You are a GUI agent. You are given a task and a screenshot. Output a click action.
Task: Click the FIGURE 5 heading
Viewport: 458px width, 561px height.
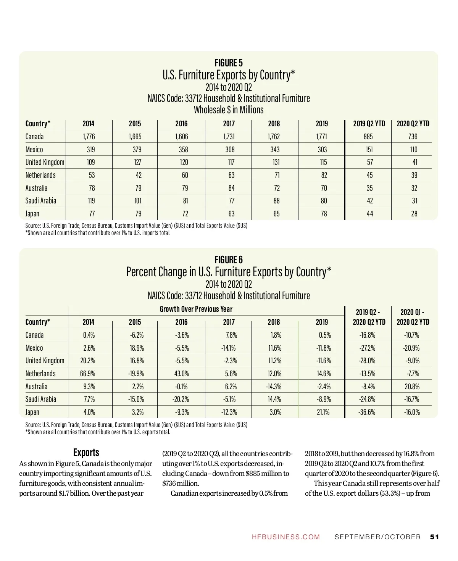(229, 63)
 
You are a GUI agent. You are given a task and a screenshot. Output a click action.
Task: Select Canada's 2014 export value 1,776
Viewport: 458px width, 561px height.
(89, 137)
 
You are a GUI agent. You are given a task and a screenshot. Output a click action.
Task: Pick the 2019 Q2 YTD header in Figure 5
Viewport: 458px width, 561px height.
(369, 124)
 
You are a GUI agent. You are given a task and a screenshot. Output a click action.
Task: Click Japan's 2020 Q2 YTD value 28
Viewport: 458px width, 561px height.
(414, 214)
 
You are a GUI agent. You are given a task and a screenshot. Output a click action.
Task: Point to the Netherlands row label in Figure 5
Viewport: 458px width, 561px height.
(40, 175)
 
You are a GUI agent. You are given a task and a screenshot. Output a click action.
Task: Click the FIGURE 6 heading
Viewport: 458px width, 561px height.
(229, 260)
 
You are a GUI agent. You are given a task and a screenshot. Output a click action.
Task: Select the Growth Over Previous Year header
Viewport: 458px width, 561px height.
(196, 309)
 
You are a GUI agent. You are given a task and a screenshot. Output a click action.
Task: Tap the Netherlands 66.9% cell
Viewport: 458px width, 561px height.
(87, 374)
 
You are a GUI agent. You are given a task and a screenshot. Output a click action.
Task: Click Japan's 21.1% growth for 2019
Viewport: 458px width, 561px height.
(324, 412)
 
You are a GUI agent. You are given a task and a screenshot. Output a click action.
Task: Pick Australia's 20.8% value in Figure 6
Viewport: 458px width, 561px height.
(412, 387)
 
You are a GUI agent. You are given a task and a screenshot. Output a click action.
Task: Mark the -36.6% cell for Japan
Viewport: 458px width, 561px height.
(368, 412)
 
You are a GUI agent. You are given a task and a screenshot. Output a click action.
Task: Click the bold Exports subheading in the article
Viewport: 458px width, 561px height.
(86, 453)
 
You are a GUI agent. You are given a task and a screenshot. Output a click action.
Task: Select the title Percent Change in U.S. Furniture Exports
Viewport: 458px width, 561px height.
(229, 272)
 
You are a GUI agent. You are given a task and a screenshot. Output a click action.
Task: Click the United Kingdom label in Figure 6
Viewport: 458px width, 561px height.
(45, 361)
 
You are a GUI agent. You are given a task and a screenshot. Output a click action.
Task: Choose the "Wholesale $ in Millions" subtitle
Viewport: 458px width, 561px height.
(229, 110)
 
